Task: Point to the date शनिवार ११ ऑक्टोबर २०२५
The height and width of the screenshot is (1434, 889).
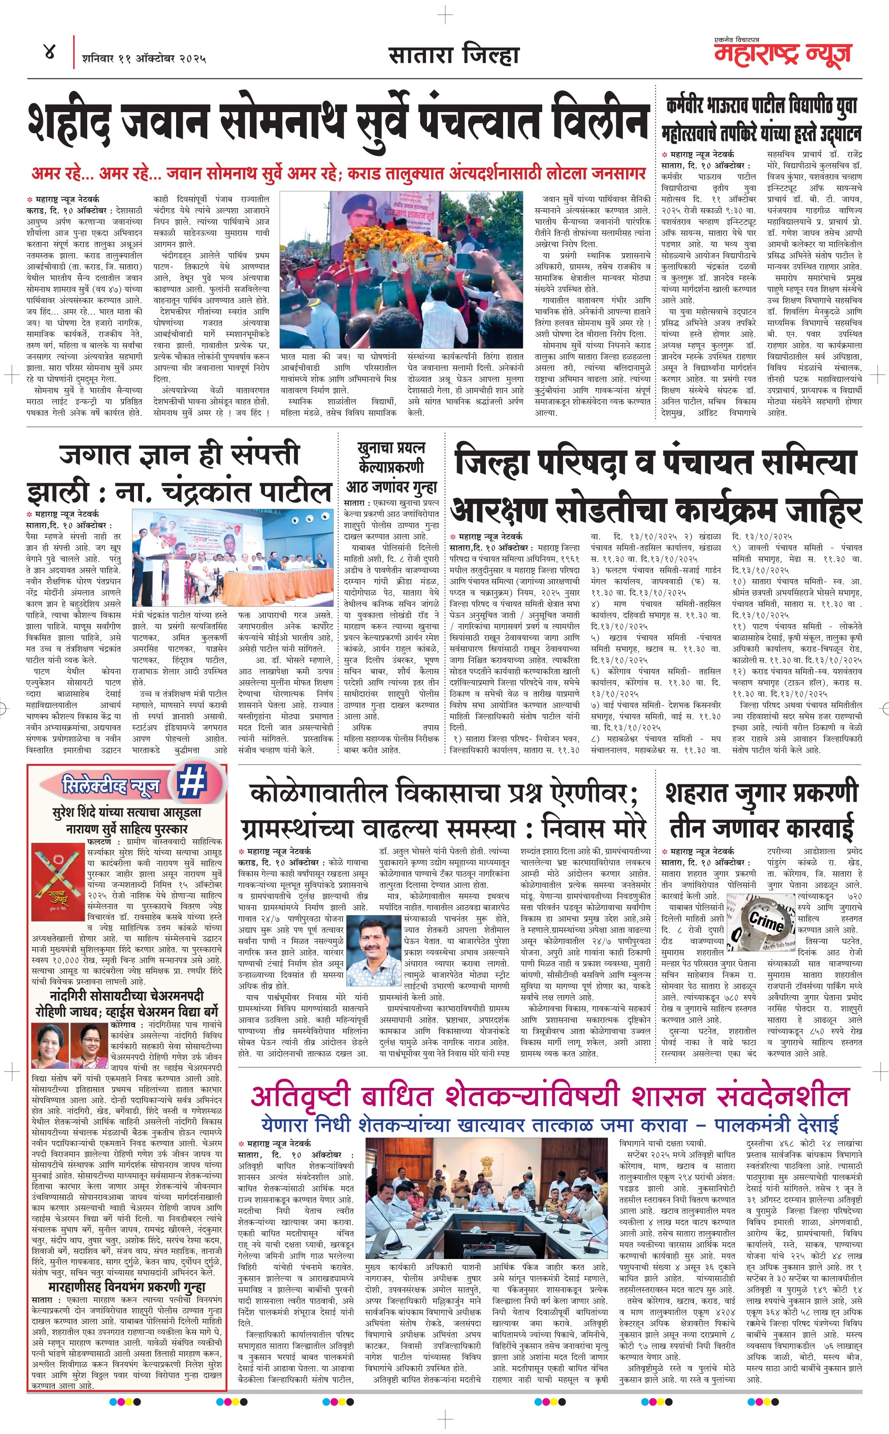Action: (144, 58)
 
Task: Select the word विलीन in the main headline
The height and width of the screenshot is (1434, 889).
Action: (599, 121)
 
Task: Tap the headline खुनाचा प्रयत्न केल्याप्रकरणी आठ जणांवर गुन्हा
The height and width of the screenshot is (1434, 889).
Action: (391, 467)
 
